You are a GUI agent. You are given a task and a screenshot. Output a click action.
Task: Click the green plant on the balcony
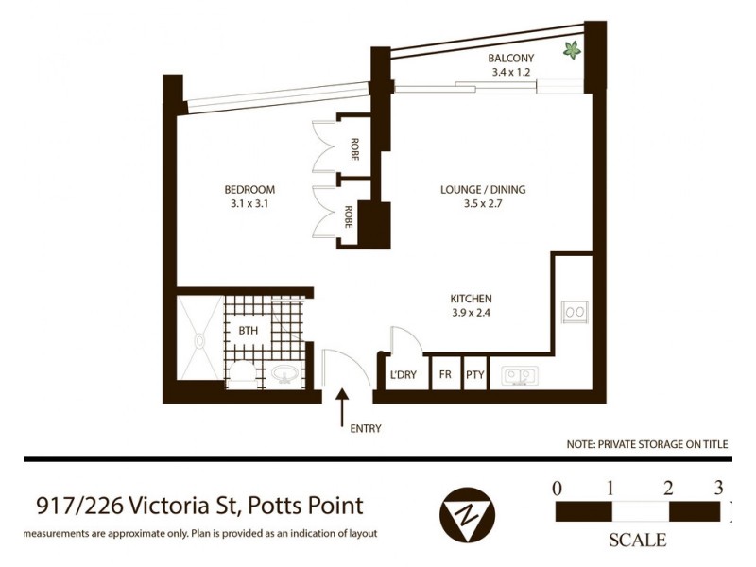pos(572,50)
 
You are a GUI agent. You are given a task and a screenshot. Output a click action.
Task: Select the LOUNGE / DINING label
pos(483,189)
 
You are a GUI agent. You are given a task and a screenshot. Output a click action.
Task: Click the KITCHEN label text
pos(471,299)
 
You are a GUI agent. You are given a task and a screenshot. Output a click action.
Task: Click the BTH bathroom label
pos(248,330)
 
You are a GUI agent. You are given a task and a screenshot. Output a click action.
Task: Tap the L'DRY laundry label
pos(404,375)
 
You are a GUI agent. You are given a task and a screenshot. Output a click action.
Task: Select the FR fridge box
pos(445,375)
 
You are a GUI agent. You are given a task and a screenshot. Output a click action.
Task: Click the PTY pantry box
pos(474,375)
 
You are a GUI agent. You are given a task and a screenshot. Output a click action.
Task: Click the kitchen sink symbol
pos(519,375)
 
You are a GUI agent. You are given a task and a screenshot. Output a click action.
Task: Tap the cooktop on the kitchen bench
pos(574,311)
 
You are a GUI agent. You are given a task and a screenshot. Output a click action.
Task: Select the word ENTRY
pos(366,428)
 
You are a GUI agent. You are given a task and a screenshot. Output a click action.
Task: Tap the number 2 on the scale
pos(668,489)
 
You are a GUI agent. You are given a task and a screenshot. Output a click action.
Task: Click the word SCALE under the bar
pos(638,541)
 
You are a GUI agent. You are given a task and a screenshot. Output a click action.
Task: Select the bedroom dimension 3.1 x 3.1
pos(249,202)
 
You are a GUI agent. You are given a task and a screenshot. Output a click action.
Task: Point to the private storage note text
pos(647,442)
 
